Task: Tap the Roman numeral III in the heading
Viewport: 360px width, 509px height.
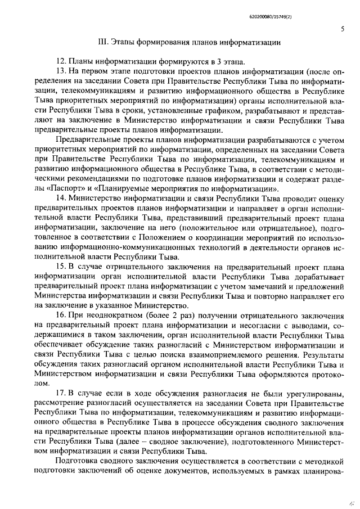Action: click(102, 43)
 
